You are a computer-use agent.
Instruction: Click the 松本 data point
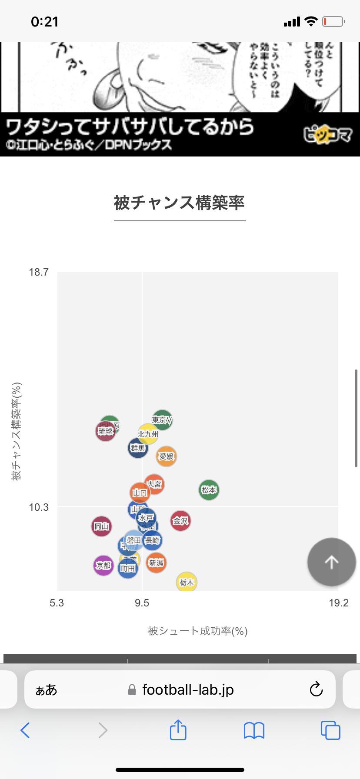pyautogui.click(x=209, y=490)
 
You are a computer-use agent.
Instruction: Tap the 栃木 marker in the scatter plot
pyautogui.click(x=187, y=582)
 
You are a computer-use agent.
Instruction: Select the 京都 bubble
pyautogui.click(x=103, y=565)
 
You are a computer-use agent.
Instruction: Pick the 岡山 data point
pyautogui.click(x=101, y=526)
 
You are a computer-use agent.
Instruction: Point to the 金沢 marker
pyautogui.click(x=180, y=520)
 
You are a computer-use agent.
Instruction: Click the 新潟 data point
pyautogui.click(x=156, y=563)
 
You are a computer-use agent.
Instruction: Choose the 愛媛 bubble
pyautogui.click(x=167, y=456)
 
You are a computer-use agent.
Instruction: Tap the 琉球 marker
pyautogui.click(x=105, y=431)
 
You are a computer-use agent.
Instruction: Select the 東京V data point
pyautogui.click(x=162, y=420)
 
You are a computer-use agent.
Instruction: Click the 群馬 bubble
pyautogui.click(x=138, y=448)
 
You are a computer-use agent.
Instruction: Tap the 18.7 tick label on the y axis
pyautogui.click(x=39, y=272)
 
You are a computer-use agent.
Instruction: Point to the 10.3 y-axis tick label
pyautogui.click(x=39, y=507)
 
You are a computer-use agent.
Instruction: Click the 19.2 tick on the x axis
pyautogui.click(x=339, y=603)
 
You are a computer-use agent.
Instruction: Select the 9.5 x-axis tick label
pyautogui.click(x=142, y=603)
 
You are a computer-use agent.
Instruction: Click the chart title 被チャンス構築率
pyautogui.click(x=180, y=203)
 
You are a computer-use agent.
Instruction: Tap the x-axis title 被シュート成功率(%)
pyautogui.click(x=198, y=631)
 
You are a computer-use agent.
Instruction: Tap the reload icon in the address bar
pyautogui.click(x=316, y=689)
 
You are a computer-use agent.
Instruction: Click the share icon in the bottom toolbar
pyautogui.click(x=178, y=730)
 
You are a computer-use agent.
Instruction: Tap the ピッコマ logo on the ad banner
pyautogui.click(x=327, y=135)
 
